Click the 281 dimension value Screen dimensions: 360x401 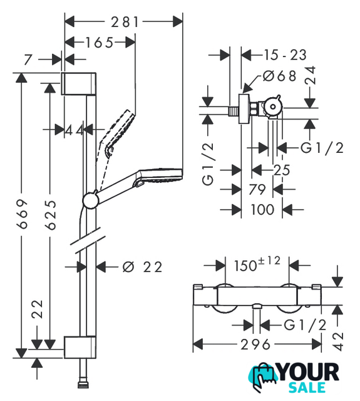[125, 22]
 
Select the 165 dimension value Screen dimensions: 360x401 [99, 43]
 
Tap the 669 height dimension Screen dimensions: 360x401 [22, 214]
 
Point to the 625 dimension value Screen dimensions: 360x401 [50, 214]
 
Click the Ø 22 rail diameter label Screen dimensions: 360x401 [142, 267]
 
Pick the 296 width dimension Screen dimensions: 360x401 [255, 345]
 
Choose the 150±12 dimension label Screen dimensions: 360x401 [257, 264]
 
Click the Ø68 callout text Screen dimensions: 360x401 [280, 76]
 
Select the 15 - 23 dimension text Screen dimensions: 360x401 [285, 55]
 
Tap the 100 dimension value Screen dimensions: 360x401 [262, 209]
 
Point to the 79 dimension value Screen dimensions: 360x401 [257, 189]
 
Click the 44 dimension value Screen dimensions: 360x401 [74, 130]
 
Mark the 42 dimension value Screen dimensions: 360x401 [337, 341]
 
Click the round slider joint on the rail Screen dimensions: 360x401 [90, 200]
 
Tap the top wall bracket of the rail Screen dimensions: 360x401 [78, 83]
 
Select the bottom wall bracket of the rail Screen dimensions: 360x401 [80, 347]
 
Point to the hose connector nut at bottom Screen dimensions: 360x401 [83, 385]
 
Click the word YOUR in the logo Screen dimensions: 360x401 [309, 372]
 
